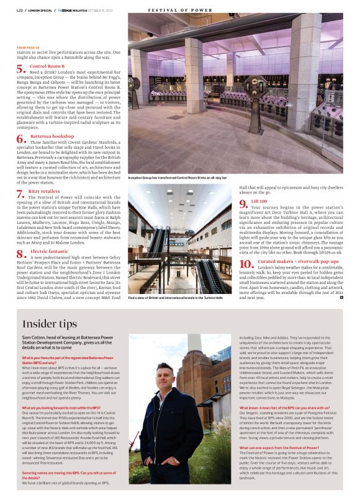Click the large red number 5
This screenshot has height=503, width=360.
point(20,69)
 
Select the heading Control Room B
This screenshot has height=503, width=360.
point(47,65)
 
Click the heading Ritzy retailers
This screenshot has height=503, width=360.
point(44,191)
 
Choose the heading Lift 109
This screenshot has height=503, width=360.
point(259,202)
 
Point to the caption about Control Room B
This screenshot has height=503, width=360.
point(177,177)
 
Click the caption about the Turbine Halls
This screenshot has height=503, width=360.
point(175,298)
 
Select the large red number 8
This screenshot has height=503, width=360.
point(20,253)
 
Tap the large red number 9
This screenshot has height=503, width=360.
point(243,206)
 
